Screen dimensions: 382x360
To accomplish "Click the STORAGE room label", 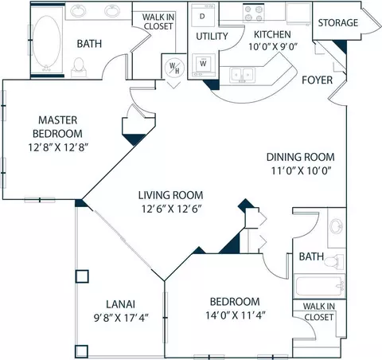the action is [x=338, y=23].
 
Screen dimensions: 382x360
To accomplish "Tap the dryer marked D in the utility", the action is [x=203, y=15].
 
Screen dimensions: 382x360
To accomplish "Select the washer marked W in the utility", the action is [x=203, y=65].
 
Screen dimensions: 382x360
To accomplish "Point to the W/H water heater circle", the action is [x=174, y=68].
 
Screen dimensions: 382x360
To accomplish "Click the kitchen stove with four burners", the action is [x=254, y=14].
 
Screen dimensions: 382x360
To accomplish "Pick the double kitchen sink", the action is [x=243, y=75].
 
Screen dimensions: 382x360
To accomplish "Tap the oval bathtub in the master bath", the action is [x=47, y=41].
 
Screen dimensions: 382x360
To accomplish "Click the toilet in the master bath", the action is [x=79, y=68].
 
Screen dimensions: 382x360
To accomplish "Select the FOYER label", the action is [x=317, y=80].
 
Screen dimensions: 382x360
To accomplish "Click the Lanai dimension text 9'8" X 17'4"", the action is [x=121, y=318].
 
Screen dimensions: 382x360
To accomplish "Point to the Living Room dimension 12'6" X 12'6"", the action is [x=171, y=209].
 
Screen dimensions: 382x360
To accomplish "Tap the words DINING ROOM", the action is [x=300, y=157].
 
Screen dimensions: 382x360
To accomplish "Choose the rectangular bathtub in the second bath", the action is [x=320, y=286].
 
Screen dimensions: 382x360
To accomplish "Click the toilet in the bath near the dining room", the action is [x=333, y=261].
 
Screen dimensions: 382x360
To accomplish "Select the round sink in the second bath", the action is [x=337, y=226].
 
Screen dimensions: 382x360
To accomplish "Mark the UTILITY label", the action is [x=212, y=36].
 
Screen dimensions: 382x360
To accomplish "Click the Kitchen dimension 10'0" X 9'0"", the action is [x=272, y=47].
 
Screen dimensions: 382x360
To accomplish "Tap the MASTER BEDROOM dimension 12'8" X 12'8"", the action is [x=58, y=147].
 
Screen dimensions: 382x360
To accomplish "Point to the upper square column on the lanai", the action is [x=82, y=276].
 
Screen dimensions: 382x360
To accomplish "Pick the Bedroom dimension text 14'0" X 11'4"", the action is [x=236, y=315].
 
